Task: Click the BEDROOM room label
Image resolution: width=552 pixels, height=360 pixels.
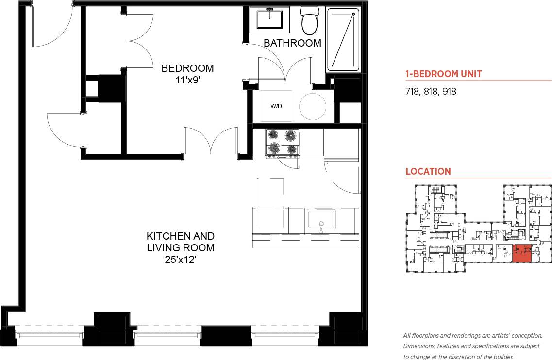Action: pos(187,68)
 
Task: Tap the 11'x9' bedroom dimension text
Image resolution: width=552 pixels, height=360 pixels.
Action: pos(187,80)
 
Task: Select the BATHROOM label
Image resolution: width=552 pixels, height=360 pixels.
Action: pos(292,43)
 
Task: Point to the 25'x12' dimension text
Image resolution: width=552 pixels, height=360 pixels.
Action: pos(181,260)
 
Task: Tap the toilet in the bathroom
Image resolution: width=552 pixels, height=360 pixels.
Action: pos(309,19)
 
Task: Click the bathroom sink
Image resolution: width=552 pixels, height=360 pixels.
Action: pos(269,20)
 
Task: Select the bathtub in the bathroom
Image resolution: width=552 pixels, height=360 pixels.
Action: pos(343,39)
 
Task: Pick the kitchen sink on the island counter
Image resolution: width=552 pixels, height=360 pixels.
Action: pos(320,219)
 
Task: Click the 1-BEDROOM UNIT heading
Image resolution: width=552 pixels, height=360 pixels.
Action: pos(443,74)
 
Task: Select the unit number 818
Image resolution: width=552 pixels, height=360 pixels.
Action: pos(431,91)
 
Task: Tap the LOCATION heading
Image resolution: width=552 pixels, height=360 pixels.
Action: pos(428,171)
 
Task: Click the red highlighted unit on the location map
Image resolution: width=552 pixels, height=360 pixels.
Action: pos(522,254)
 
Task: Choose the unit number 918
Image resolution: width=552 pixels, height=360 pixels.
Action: pos(449,91)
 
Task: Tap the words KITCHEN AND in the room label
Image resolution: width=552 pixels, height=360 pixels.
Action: pos(181,236)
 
